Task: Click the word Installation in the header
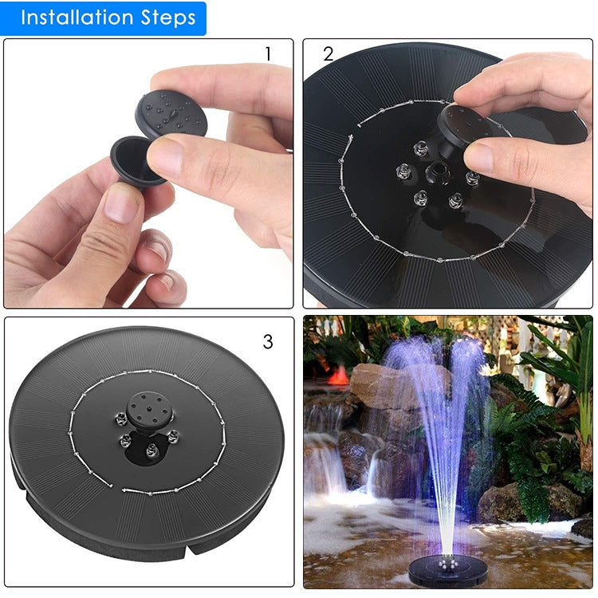tap(77, 18)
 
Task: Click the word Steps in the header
tap(165, 18)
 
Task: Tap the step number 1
tap(268, 54)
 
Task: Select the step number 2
tap(329, 54)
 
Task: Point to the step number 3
tap(268, 342)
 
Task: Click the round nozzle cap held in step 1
tap(171, 112)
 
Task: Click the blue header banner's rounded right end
tap(201, 18)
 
